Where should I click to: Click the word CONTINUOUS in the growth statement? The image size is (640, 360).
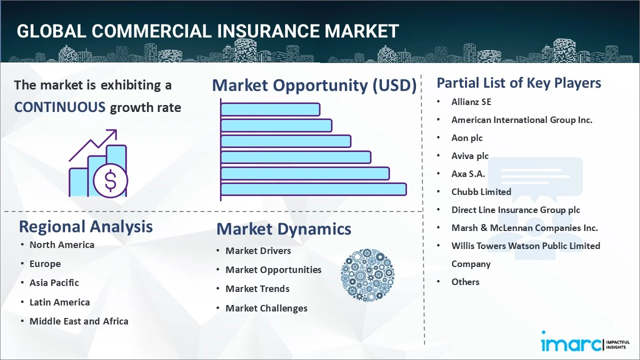(x=59, y=107)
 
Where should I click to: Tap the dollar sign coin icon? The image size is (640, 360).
(x=110, y=180)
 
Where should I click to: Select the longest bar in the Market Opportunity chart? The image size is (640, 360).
(x=313, y=189)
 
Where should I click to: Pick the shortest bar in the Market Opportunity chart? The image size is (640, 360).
(x=270, y=109)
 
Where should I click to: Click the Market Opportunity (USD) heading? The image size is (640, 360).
(x=314, y=85)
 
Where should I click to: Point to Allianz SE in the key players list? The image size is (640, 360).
(x=471, y=102)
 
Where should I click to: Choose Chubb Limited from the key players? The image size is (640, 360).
(x=481, y=191)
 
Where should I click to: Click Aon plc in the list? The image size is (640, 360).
(x=467, y=138)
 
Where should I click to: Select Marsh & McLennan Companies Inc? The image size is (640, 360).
(x=524, y=227)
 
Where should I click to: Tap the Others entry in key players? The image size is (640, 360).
(x=465, y=282)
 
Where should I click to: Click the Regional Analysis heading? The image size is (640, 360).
(x=85, y=227)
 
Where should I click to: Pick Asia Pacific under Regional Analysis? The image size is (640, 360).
(x=54, y=283)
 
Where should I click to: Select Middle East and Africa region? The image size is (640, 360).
(x=79, y=321)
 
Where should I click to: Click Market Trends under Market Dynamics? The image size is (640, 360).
(x=257, y=289)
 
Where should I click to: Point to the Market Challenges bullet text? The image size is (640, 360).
(x=266, y=308)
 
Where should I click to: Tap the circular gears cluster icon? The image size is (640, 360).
(x=367, y=275)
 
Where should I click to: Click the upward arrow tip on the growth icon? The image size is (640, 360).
(x=116, y=130)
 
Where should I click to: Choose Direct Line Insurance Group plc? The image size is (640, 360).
(x=515, y=210)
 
